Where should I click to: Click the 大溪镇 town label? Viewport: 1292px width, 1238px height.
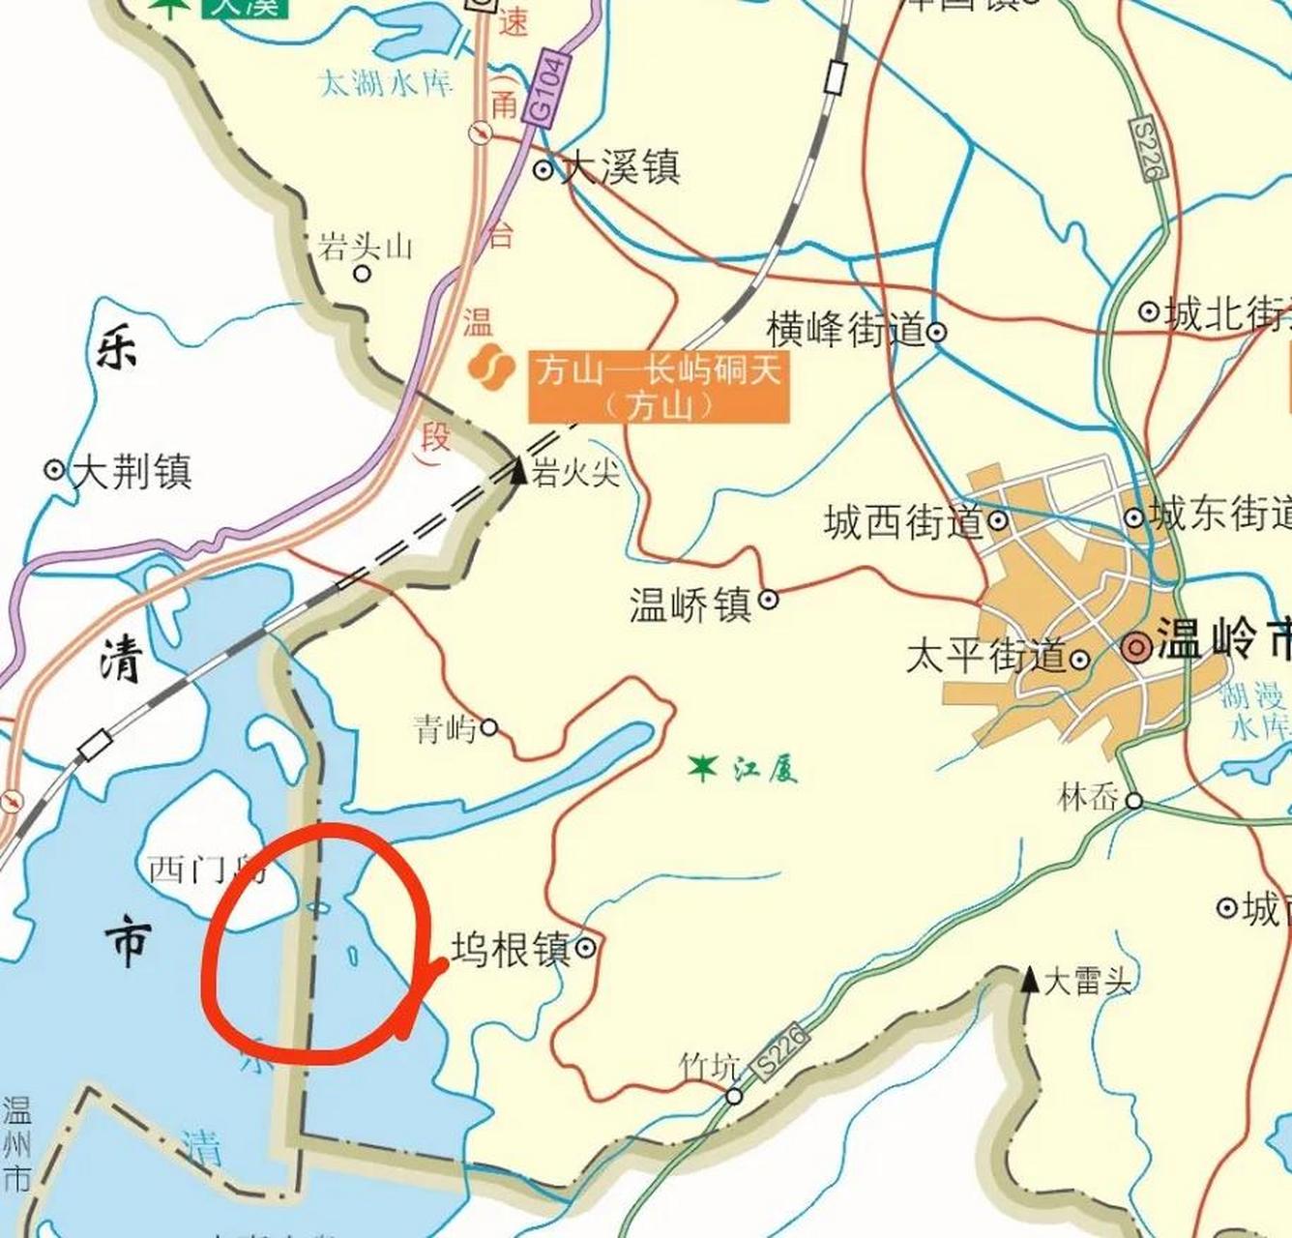pos(622,166)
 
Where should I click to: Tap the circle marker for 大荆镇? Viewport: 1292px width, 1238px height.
pos(55,470)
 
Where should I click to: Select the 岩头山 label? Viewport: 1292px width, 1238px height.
pos(366,248)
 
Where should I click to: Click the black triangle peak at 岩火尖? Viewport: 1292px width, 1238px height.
pos(518,471)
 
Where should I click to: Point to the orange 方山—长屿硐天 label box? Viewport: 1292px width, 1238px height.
pos(659,387)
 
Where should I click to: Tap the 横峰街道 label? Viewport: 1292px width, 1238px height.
pos(846,330)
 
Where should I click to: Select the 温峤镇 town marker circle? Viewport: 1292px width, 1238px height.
pos(769,600)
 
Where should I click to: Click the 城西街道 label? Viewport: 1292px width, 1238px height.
pos(903,522)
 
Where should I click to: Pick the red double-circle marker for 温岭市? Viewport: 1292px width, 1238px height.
pos(1138,647)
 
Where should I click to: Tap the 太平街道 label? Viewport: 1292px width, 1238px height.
pos(985,657)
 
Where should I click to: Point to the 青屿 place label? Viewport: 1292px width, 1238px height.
pos(445,728)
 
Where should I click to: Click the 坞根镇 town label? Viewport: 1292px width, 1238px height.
pos(511,950)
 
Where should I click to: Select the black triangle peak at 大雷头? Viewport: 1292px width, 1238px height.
pos(1030,979)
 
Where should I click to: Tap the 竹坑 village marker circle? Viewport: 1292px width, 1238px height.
pos(735,1096)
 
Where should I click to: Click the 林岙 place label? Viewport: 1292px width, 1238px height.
pos(1089,799)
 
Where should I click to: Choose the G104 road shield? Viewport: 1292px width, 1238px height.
pos(546,88)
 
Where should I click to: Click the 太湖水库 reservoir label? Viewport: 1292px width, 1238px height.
pos(386,84)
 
